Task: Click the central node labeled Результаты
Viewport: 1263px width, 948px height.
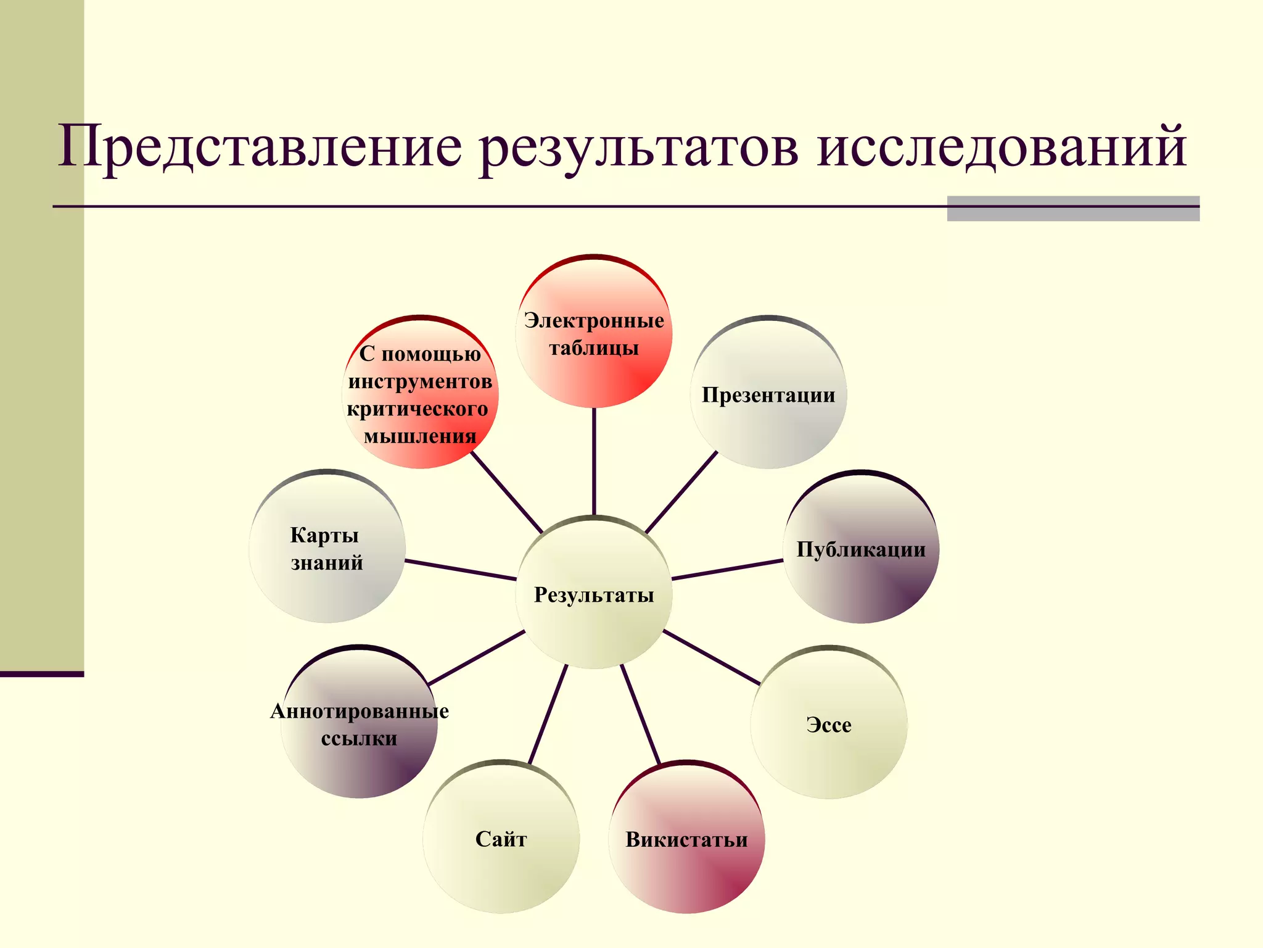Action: [593, 594]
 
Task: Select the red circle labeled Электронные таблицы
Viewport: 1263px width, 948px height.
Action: [593, 333]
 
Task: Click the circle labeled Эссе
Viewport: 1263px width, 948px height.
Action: [829, 724]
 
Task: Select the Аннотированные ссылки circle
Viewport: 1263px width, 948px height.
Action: [359, 723]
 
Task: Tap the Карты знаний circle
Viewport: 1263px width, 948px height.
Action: [327, 548]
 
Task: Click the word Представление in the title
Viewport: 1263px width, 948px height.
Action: [259, 148]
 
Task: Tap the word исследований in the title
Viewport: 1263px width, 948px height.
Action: [1002, 148]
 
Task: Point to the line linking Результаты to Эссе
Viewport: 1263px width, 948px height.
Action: [710, 657]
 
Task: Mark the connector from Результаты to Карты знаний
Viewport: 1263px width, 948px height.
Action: [460, 570]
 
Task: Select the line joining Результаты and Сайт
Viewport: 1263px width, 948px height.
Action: [548, 715]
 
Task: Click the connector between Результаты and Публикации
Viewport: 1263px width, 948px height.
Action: [728, 570]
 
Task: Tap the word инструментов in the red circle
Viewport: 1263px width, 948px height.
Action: [420, 381]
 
